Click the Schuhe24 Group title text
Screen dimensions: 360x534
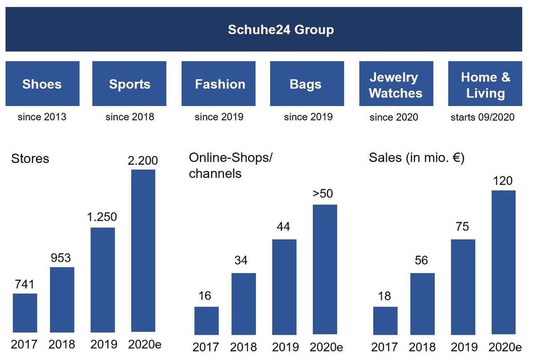click(x=281, y=30)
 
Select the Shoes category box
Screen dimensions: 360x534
click(x=42, y=84)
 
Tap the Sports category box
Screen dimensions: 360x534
click(x=129, y=84)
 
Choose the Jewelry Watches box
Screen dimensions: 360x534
click(x=395, y=84)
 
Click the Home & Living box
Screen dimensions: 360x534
click(x=485, y=84)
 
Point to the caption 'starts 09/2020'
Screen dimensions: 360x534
click(x=482, y=117)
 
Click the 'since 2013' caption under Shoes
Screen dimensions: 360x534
click(x=42, y=117)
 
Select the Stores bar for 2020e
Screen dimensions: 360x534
click(x=143, y=250)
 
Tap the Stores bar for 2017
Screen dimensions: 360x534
click(x=25, y=313)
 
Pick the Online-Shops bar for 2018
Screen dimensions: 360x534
click(x=243, y=304)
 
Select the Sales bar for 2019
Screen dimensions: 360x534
click(x=463, y=287)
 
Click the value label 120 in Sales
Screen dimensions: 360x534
click(x=503, y=181)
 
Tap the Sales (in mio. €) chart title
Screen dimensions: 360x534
click(x=417, y=158)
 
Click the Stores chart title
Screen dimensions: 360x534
click(x=30, y=159)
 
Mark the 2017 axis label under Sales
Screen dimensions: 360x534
click(x=384, y=347)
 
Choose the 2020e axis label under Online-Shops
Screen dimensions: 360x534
click(x=326, y=347)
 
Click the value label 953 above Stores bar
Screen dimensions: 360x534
click(x=61, y=258)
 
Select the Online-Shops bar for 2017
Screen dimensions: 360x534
click(x=206, y=321)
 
